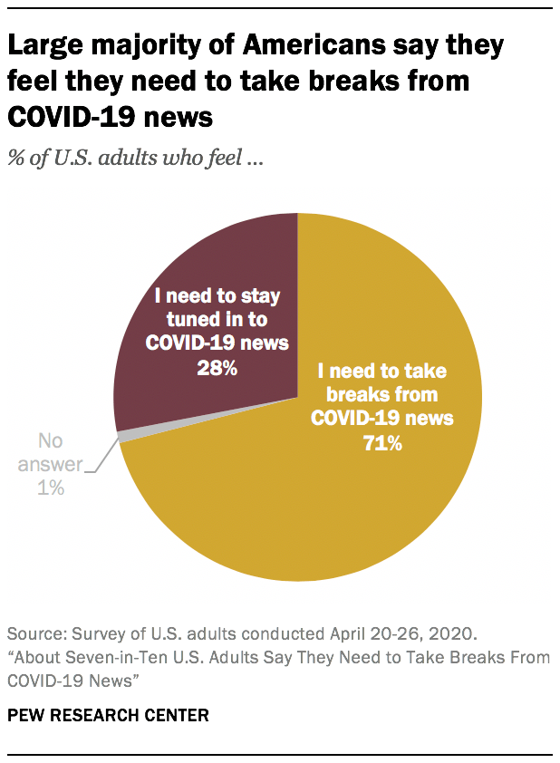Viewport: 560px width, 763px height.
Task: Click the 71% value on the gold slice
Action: coord(382,443)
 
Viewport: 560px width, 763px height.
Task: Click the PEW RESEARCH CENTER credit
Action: coord(108,716)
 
